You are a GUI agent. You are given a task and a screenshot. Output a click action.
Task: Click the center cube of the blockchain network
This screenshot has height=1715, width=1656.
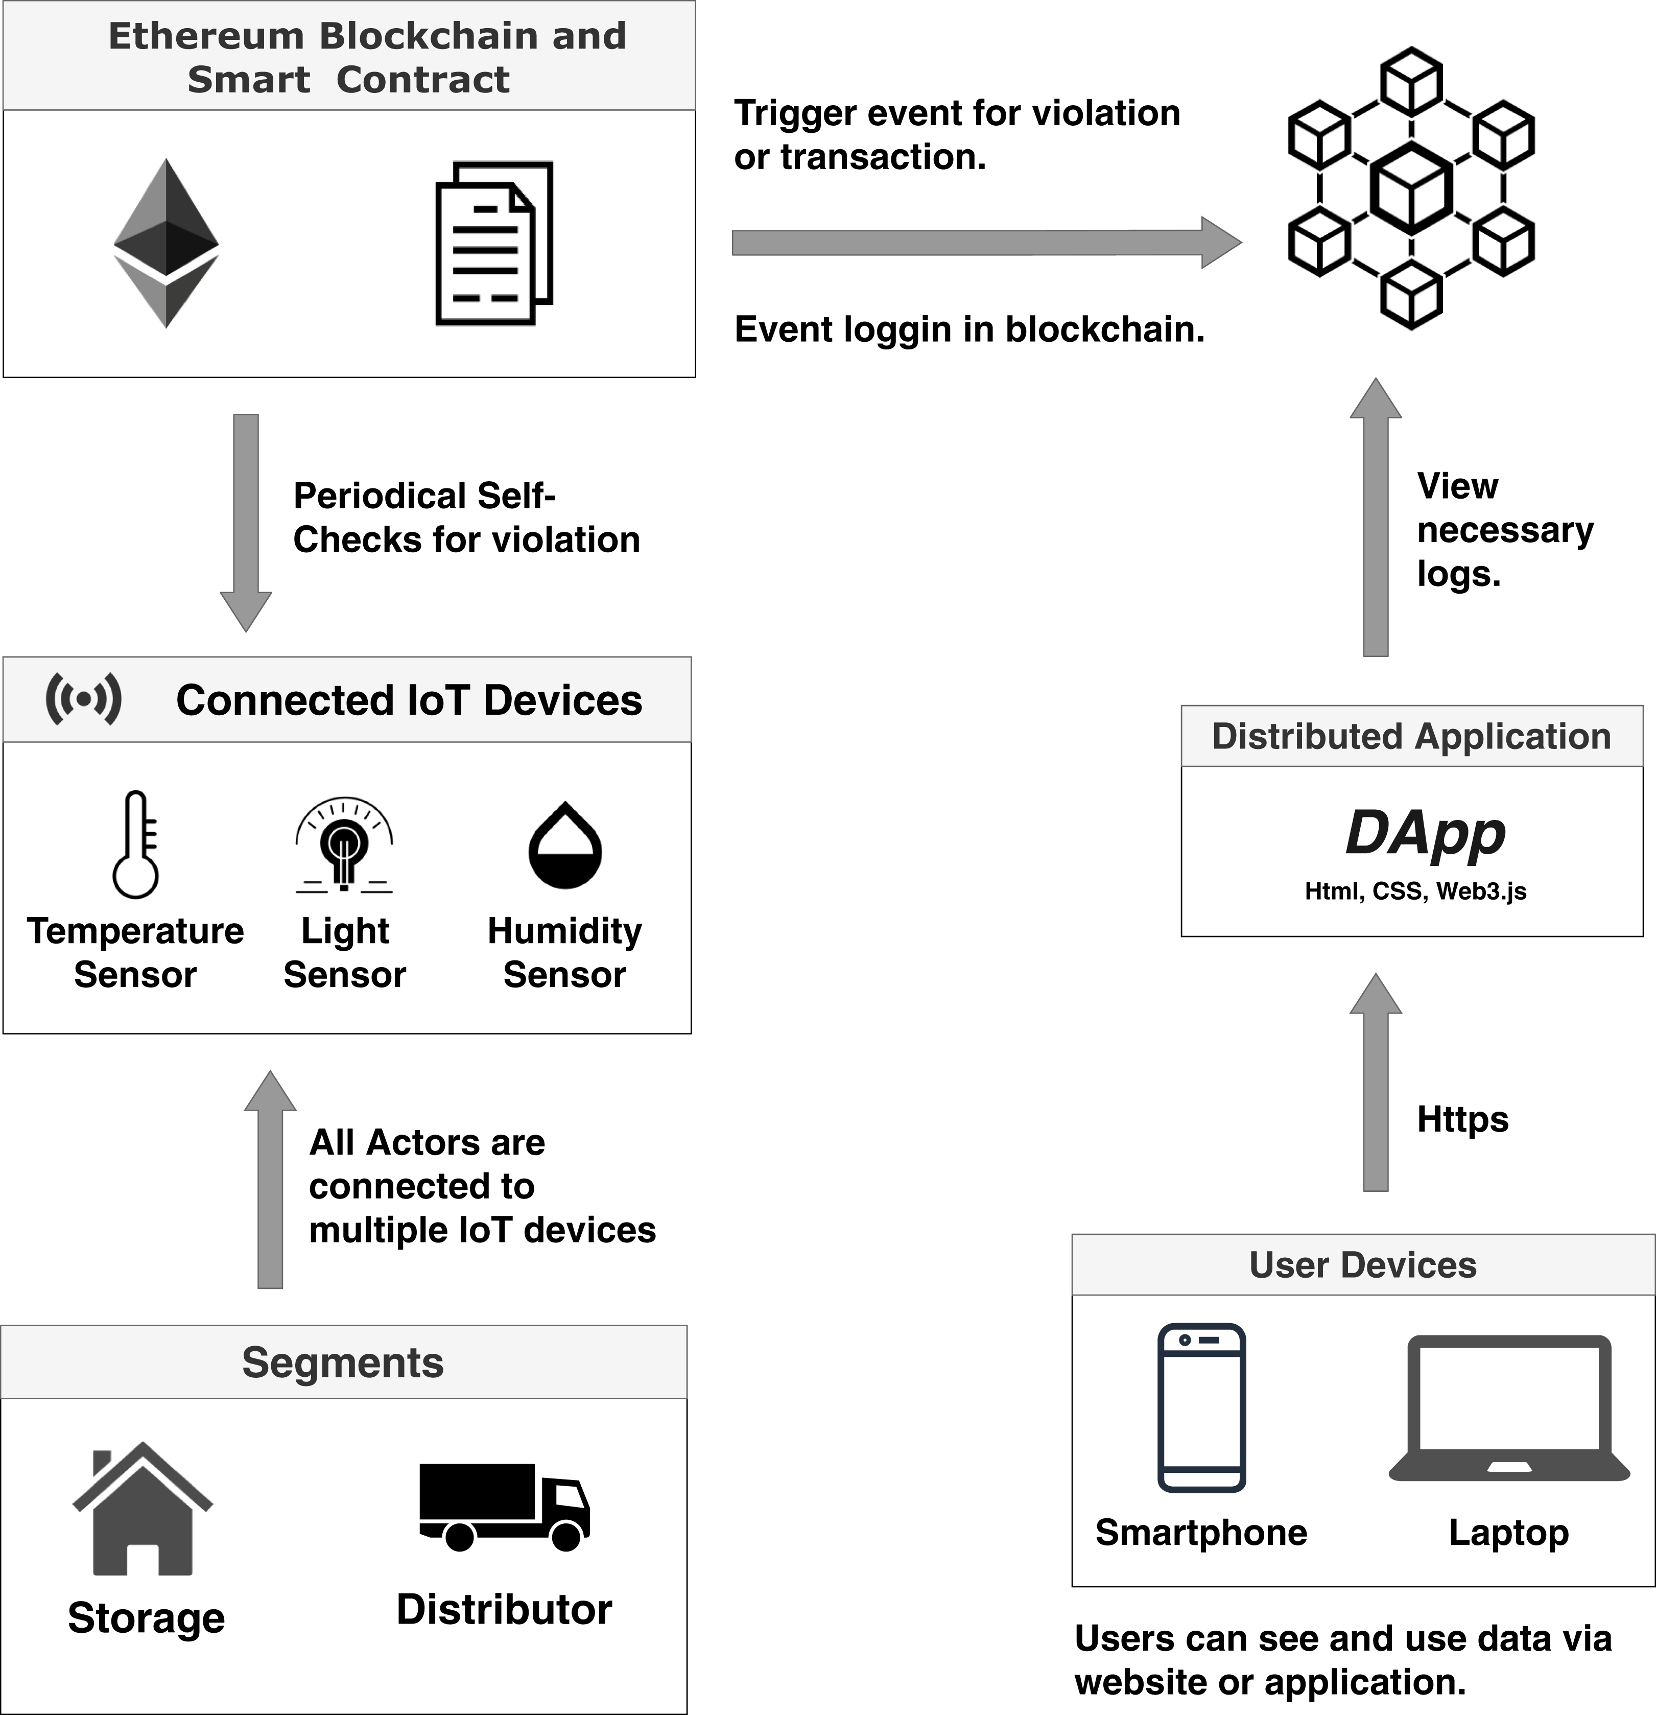1411,188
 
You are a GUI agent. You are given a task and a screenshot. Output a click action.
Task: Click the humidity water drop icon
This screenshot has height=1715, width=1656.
565,845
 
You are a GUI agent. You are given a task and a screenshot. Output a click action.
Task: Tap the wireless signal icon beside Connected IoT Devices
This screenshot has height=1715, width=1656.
83,699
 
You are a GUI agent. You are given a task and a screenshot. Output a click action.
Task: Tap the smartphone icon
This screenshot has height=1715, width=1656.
1201,1409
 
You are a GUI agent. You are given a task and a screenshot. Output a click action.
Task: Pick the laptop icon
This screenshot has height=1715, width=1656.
1509,1409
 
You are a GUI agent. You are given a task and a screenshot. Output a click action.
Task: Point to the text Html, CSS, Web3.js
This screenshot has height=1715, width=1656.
1415,891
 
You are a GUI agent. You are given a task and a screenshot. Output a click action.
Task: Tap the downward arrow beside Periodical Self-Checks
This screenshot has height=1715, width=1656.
246,523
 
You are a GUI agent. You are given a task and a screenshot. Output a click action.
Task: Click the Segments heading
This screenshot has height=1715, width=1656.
343,1362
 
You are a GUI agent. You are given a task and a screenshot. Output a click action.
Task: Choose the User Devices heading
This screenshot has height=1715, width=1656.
1363,1265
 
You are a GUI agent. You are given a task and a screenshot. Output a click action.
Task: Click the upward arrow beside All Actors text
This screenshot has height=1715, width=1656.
270,1180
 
